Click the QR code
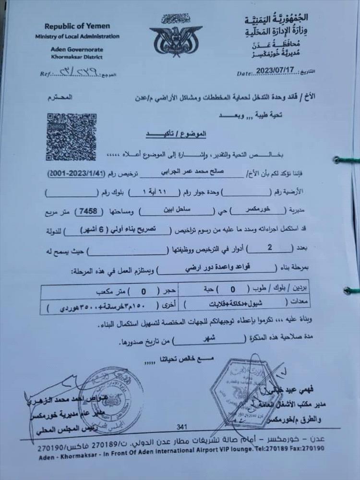71,137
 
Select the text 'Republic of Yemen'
77,26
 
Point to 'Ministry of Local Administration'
77,36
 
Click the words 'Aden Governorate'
76,49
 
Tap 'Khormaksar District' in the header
77,57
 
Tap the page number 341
181,427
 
